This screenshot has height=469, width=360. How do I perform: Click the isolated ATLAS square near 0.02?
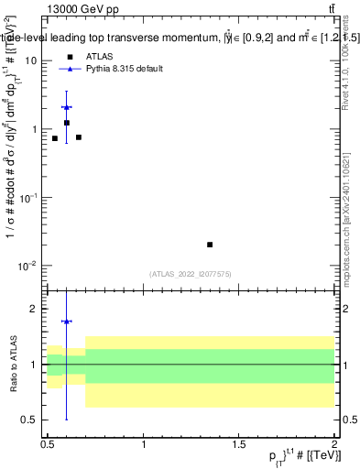pos(210,245)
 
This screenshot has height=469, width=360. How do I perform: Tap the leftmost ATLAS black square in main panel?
pos(55,138)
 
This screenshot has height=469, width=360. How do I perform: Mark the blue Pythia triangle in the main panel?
pos(66,107)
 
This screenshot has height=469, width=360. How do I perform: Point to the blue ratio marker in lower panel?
pos(66,322)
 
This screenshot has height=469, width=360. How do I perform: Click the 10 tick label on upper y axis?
pos(30,60)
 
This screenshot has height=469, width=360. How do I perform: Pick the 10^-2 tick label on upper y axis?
pos(27,266)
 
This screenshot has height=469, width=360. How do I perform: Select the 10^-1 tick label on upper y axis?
pos(27,197)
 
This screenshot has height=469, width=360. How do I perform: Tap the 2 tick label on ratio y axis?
pos(34,309)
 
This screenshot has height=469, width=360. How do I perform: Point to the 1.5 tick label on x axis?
pos(239,444)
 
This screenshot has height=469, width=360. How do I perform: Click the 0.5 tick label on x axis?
pos(48,444)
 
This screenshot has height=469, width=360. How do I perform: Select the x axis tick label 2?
pos(334,444)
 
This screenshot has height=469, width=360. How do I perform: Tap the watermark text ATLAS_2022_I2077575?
pos(191,274)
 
